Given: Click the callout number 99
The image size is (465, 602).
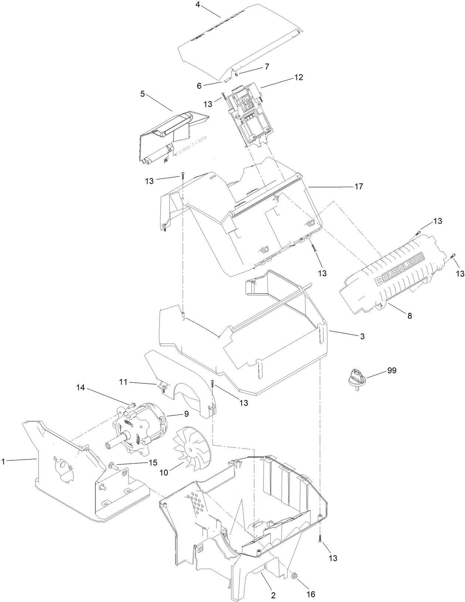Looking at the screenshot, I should (x=391, y=370).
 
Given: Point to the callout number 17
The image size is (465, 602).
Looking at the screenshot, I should (x=359, y=187).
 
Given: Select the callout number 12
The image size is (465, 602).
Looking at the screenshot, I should (x=299, y=77).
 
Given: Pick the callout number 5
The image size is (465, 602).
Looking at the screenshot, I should (x=143, y=94).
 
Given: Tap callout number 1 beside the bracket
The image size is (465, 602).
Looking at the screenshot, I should (x=3, y=461).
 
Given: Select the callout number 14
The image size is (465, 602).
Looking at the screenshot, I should (x=81, y=388).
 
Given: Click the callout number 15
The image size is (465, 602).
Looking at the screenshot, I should (x=153, y=462).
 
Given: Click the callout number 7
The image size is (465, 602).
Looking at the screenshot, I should (x=267, y=67).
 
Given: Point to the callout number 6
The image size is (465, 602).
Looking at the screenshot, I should (x=199, y=86).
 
